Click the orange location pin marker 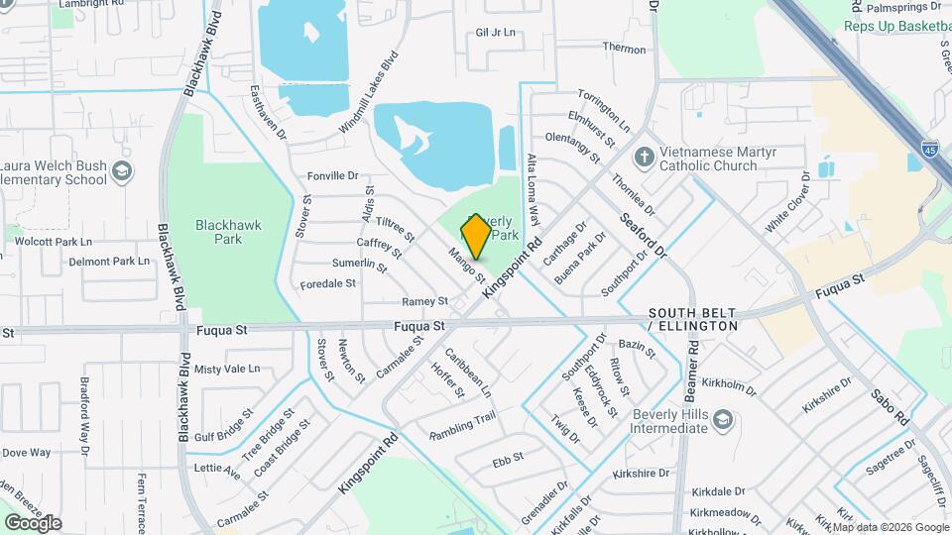476,237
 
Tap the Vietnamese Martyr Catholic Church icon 645,157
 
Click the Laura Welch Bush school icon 122,171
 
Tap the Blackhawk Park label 229,232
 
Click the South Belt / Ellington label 693,319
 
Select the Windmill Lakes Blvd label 367,93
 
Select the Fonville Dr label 332,175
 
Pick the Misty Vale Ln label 227,369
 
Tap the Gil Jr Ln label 496,33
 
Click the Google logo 33,523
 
